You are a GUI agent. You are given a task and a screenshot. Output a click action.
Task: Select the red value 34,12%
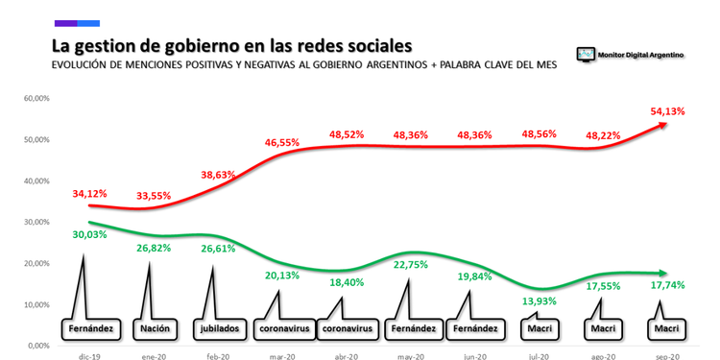tap(90, 195)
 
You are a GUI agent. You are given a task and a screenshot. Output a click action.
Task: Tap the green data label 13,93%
tap(538, 302)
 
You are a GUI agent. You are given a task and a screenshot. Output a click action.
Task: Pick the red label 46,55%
tap(282, 142)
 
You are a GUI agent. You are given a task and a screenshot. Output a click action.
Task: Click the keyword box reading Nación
tap(154, 327)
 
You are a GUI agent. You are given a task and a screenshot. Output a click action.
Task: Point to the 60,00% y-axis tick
tap(36, 98)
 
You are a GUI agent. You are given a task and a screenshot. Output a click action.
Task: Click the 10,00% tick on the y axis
tap(36, 305)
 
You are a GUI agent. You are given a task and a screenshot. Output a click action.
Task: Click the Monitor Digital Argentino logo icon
tap(585, 55)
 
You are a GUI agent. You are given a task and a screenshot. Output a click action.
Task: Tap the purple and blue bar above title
tap(77, 22)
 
